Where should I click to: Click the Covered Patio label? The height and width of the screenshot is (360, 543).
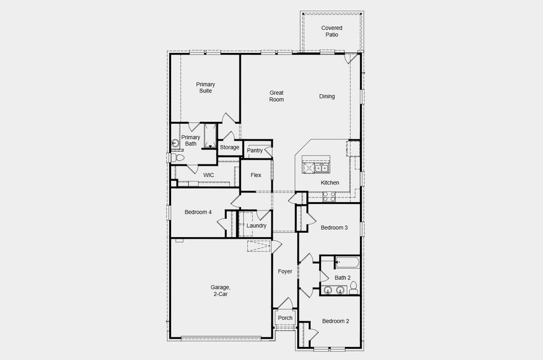click(331, 31)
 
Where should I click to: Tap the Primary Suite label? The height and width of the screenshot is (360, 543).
click(205, 88)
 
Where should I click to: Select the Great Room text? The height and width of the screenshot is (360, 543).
click(276, 96)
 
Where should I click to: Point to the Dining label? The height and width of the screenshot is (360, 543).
click(327, 96)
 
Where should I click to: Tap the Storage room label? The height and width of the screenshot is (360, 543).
click(229, 148)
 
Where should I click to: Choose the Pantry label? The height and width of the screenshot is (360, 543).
click(254, 151)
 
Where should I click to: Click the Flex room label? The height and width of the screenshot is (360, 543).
click(256, 176)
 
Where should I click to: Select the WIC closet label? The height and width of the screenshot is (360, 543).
click(208, 175)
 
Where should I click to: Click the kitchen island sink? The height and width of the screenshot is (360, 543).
click(321, 168)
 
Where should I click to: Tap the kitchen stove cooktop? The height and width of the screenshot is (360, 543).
click(329, 195)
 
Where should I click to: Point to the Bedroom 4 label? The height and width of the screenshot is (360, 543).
click(198, 212)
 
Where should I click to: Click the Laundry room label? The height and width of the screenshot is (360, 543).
click(256, 226)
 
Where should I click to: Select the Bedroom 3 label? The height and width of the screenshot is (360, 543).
click(334, 227)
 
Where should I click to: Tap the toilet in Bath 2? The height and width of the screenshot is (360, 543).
click(353, 287)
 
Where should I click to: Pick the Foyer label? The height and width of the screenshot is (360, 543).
click(285, 271)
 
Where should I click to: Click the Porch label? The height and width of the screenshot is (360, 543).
click(285, 318)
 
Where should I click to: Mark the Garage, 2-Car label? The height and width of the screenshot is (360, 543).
click(220, 291)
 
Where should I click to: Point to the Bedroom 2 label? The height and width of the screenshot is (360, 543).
click(335, 321)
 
